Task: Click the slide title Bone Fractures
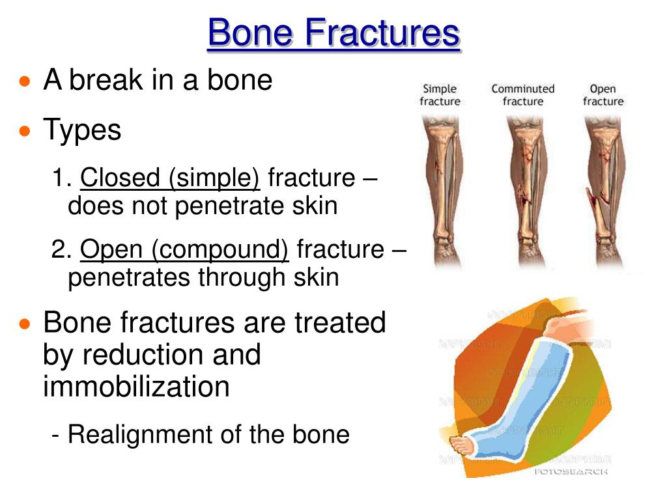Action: click(334, 33)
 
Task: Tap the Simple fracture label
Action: click(440, 95)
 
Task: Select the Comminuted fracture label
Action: click(523, 95)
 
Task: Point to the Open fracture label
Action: click(603, 95)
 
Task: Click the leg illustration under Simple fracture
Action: click(444, 191)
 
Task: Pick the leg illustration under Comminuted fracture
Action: click(526, 191)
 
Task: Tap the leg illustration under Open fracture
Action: click(604, 191)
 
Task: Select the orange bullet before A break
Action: click(25, 81)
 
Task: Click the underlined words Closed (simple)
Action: click(170, 177)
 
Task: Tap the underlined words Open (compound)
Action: click(184, 249)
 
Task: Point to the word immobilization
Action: click(136, 386)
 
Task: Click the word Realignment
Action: click(144, 435)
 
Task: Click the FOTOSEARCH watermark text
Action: click(571, 471)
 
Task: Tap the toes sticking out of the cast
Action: click(462, 446)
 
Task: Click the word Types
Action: click(82, 130)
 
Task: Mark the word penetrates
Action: click(129, 278)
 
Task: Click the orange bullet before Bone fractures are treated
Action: click(25, 324)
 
